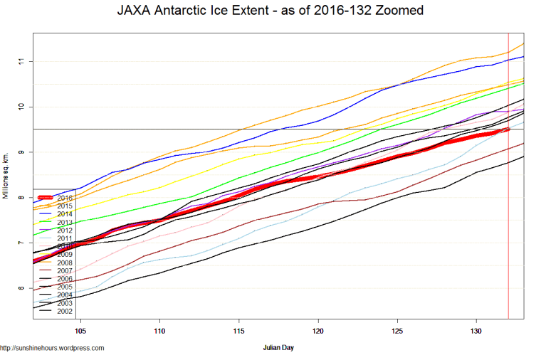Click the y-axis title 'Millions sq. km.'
click(6, 175)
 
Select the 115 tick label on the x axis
click(239, 330)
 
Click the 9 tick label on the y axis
click(23, 152)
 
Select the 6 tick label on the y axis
click(23, 288)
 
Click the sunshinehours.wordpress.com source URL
click(52, 349)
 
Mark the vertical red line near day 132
click(508, 213)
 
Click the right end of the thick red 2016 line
click(507, 129)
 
